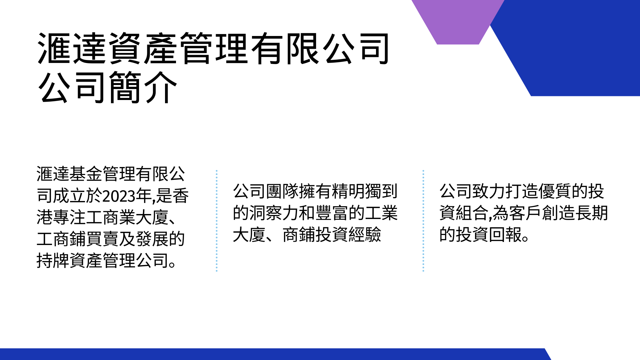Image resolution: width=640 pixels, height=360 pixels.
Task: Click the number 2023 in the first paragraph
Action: click(x=119, y=196)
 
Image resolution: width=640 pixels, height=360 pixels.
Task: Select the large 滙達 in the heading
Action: click(x=72, y=48)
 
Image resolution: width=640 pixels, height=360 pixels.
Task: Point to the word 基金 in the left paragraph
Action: click(x=86, y=174)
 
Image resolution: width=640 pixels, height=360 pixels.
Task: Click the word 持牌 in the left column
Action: click(x=53, y=260)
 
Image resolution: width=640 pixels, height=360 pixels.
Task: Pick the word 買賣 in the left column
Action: click(x=102, y=239)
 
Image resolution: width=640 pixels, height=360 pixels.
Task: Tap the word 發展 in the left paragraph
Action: click(x=152, y=239)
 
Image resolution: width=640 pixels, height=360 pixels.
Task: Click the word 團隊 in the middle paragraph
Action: click(x=282, y=191)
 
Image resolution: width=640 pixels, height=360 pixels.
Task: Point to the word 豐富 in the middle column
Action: click(x=331, y=213)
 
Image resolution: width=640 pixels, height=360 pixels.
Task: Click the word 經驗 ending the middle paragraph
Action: click(x=364, y=234)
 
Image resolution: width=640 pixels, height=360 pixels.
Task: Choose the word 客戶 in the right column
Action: click(x=525, y=213)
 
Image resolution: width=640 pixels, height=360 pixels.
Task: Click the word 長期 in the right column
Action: click(x=591, y=213)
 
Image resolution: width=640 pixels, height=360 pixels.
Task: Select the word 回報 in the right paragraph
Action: click(x=505, y=234)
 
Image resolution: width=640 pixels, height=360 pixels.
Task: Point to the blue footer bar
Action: click(x=273, y=354)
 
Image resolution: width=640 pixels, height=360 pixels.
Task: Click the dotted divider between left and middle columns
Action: click(x=217, y=221)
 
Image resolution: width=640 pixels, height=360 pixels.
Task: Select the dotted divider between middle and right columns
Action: click(x=423, y=221)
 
